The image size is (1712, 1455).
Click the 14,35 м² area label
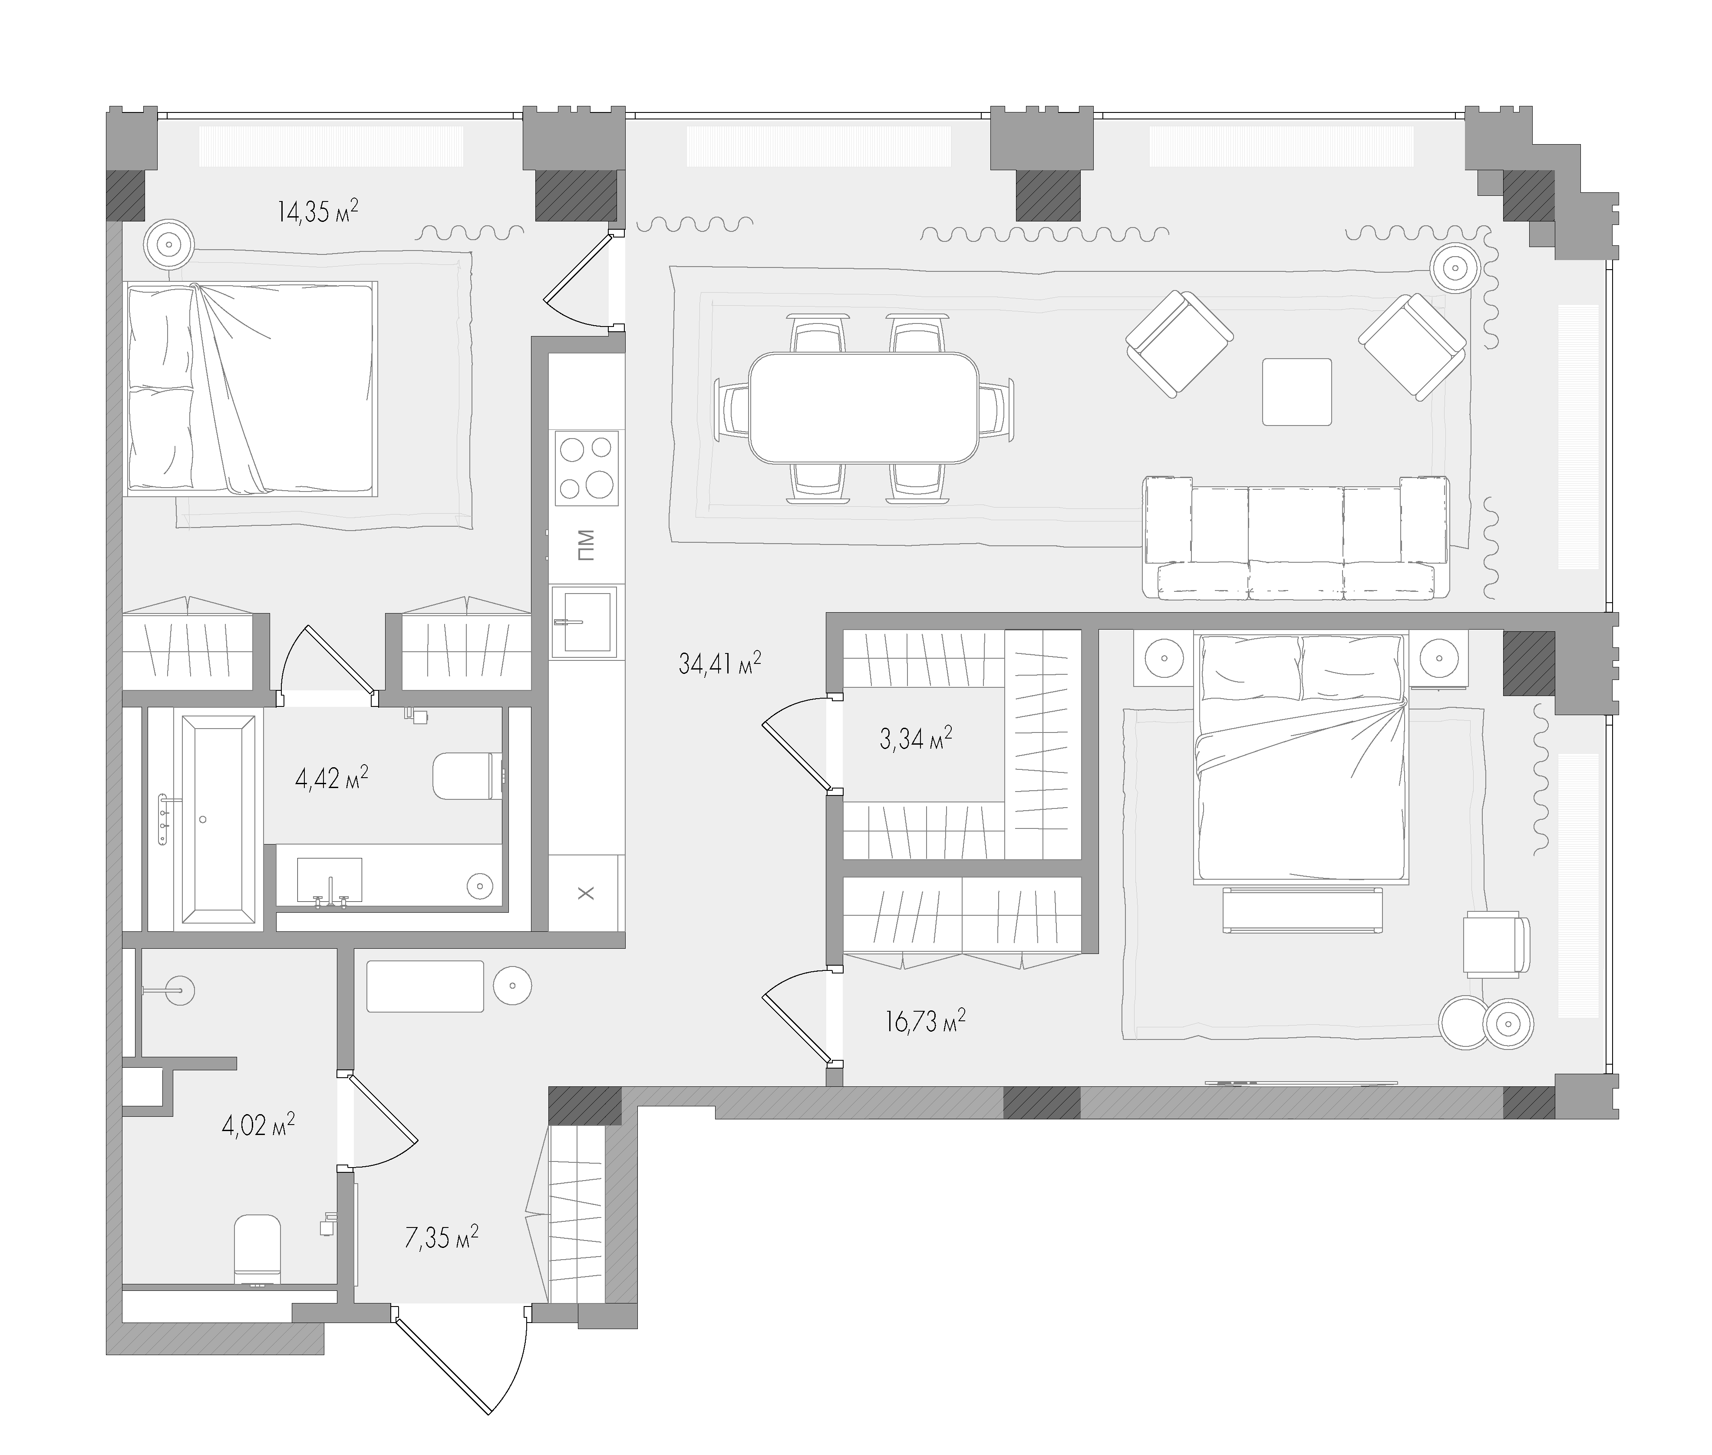tap(317, 212)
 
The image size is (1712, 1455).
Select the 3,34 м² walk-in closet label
tap(915, 738)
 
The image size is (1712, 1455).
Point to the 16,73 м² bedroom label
tap(925, 1022)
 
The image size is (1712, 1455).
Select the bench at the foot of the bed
tap(1302, 909)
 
